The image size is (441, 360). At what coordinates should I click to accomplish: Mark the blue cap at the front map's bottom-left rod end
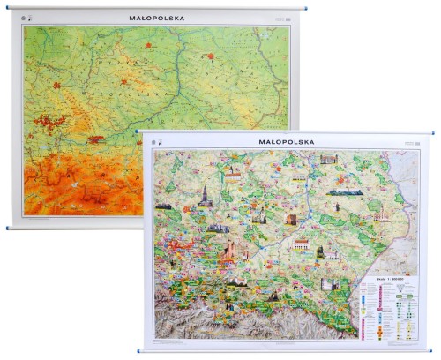pos(140,351)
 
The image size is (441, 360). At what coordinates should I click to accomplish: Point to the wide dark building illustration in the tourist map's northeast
pos(346,191)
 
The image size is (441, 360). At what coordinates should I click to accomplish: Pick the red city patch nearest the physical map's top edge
pos(149,43)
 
